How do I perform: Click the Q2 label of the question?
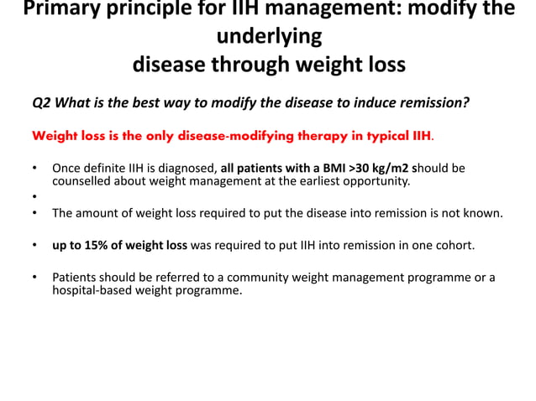[41, 103]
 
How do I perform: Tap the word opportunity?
[376, 180]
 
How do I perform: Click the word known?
[485, 213]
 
